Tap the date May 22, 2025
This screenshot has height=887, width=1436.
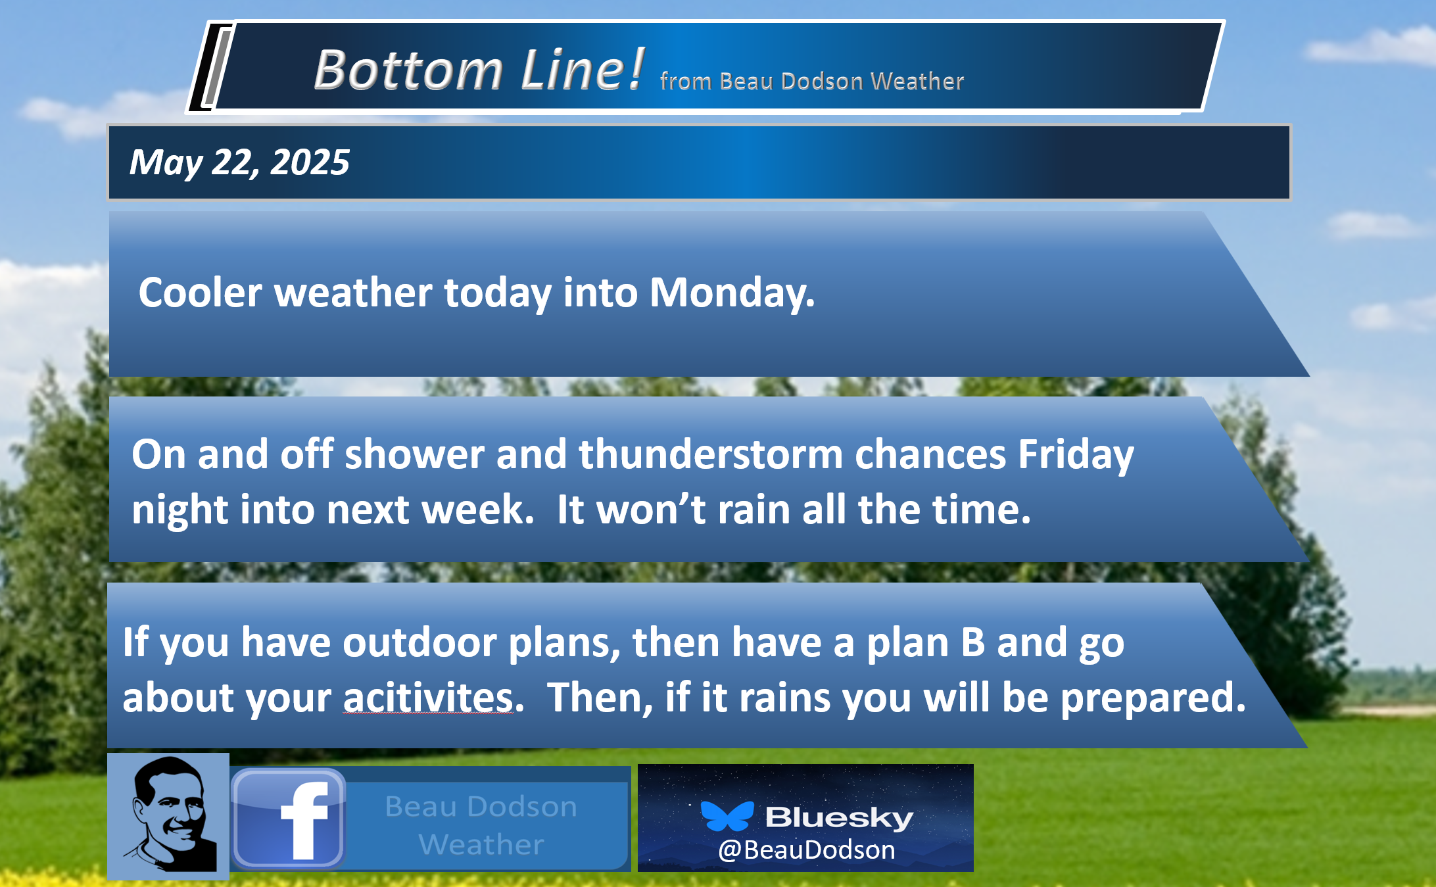239,162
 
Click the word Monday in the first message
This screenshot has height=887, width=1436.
732,293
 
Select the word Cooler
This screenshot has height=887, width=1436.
200,293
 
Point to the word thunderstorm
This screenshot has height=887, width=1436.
711,454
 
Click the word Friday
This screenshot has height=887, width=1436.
1076,456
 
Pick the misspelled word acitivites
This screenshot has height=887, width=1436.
428,698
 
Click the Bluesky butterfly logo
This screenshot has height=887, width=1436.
727,816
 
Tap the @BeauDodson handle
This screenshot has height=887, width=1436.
806,850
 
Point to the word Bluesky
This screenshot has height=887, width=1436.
839,818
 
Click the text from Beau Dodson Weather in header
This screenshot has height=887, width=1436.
812,82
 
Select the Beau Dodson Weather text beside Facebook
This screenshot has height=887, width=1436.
481,825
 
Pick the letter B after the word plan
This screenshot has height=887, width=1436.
973,642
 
